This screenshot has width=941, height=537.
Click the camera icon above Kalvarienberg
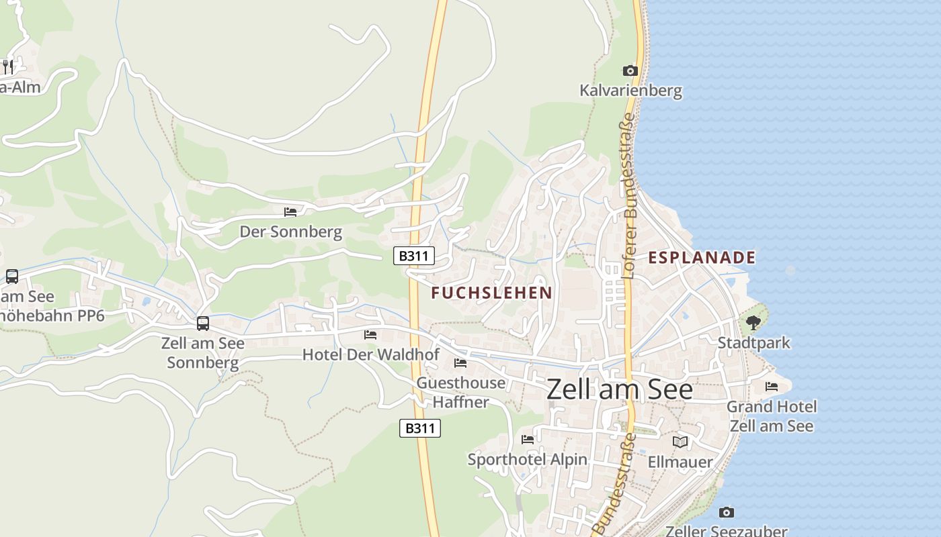(x=630, y=70)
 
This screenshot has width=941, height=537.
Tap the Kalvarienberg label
(x=630, y=90)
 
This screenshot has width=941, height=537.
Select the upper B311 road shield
(x=413, y=255)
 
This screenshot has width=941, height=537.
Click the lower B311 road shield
(x=420, y=428)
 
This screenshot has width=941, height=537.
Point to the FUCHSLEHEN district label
(x=491, y=293)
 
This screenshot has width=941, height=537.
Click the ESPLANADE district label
(x=702, y=257)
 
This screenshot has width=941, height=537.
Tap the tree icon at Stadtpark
(x=753, y=323)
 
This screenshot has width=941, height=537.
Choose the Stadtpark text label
(x=753, y=342)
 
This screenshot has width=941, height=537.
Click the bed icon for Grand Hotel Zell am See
(x=772, y=386)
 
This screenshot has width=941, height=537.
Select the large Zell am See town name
(x=619, y=389)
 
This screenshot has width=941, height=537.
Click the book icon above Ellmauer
(x=680, y=442)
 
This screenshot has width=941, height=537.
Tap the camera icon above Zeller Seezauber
(x=726, y=512)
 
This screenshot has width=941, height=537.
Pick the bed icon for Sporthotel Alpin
(x=528, y=440)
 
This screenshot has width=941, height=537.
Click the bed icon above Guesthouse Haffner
(x=460, y=363)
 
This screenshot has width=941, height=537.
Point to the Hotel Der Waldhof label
(x=370, y=354)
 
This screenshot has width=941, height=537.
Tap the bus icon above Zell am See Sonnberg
(x=203, y=324)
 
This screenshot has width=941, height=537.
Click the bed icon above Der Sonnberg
(x=290, y=212)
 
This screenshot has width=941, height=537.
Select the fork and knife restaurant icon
(x=8, y=66)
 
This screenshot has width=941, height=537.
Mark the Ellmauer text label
(x=680, y=462)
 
